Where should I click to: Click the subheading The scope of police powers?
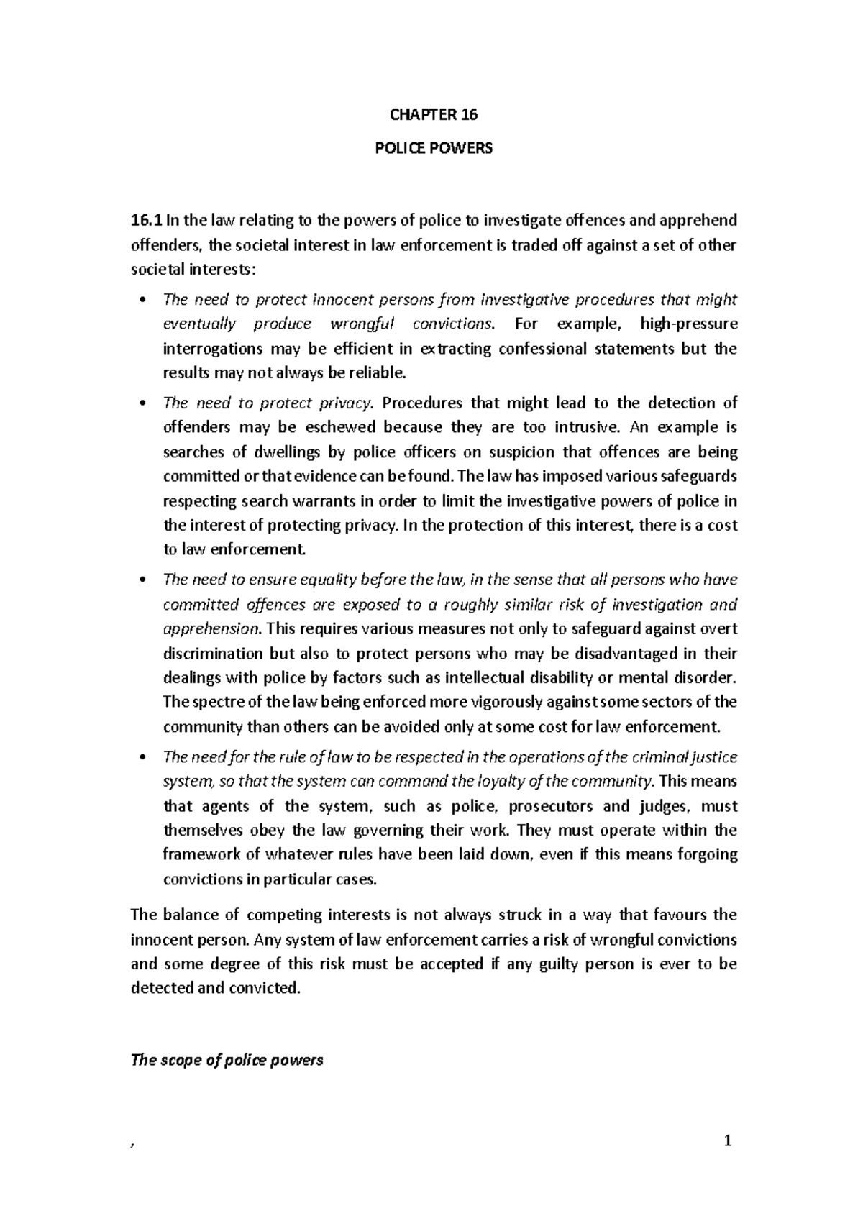point(227,1060)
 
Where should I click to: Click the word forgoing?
point(708,854)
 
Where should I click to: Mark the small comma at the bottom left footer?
point(132,1145)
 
